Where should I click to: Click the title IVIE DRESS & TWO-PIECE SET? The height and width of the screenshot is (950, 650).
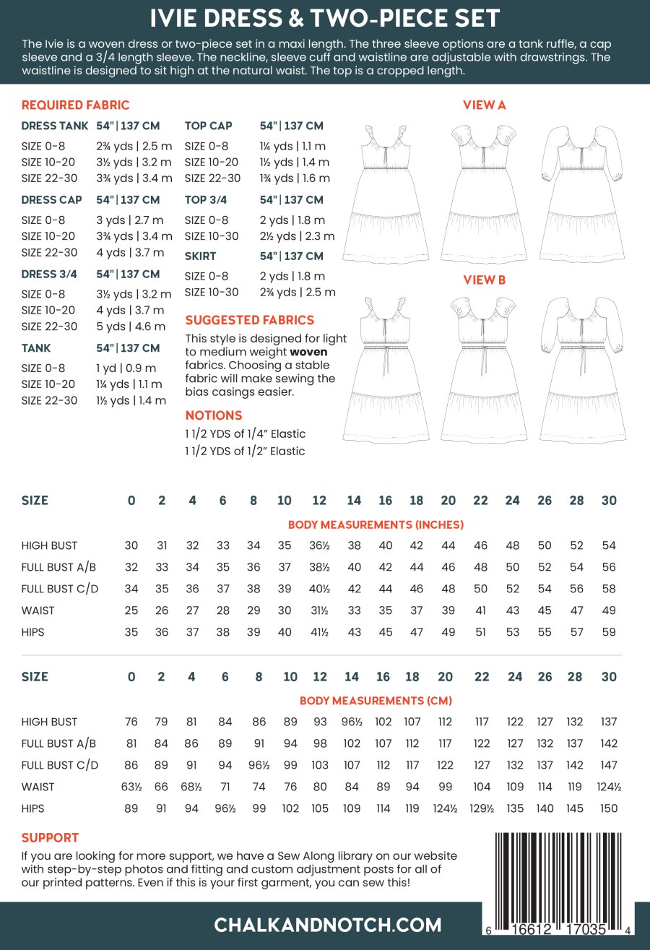coord(324,17)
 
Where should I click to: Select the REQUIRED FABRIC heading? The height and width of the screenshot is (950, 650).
coord(76,105)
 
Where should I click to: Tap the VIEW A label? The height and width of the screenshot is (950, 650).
coord(484,105)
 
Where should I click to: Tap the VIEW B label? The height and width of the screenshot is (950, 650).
coord(484,280)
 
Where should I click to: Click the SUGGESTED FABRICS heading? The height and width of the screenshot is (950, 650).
coord(249,320)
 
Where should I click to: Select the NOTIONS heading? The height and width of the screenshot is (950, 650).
coord(214,415)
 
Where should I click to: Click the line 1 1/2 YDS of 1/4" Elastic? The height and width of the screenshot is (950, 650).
coord(246,433)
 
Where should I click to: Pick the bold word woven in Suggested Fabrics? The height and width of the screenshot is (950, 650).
coord(310,352)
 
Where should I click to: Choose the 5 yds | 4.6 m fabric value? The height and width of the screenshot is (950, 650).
coord(134,326)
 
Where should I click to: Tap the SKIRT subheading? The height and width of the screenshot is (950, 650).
coord(200,256)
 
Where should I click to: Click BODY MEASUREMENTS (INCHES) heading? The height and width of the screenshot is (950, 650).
coord(376,524)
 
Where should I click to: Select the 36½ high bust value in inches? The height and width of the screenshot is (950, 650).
coord(318,545)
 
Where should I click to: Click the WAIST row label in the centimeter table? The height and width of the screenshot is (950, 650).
coord(38,787)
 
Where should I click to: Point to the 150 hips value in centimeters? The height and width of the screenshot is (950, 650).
coord(609,808)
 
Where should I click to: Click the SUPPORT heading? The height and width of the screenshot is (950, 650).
coord(50,838)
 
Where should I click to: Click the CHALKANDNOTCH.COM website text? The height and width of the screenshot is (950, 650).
coord(328,925)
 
